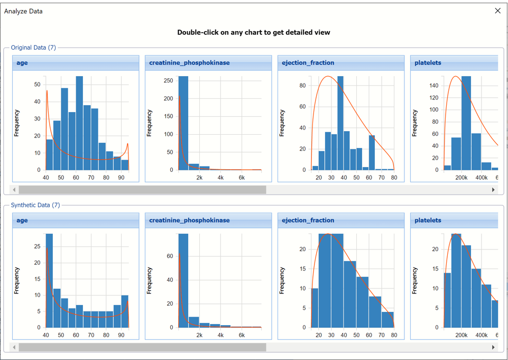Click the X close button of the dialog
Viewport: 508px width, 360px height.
(x=497, y=11)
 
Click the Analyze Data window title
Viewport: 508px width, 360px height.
(x=23, y=11)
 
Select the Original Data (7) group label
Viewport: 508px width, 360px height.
(x=33, y=48)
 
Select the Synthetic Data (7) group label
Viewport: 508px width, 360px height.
(x=35, y=205)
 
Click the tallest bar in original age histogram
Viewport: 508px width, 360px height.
(x=79, y=124)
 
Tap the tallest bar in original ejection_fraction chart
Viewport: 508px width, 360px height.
(x=340, y=124)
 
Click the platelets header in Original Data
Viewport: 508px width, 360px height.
(x=428, y=63)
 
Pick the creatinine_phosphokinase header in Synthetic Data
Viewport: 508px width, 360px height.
(x=189, y=220)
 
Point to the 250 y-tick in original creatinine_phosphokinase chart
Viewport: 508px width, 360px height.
(x=169, y=80)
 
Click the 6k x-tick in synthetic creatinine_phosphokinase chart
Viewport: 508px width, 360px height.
(x=242, y=335)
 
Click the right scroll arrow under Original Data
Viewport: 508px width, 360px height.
(x=493, y=190)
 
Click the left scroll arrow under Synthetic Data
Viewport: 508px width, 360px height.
(x=14, y=347)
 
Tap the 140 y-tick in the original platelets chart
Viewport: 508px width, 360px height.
(x=433, y=85)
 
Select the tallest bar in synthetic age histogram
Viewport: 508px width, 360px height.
(x=49, y=280)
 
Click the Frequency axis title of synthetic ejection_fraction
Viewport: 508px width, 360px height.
(x=282, y=280)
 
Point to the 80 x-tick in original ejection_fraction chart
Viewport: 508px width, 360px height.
(x=394, y=178)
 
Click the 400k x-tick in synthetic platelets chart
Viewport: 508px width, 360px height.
(x=482, y=335)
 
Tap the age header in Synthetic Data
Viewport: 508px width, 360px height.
(x=22, y=220)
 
